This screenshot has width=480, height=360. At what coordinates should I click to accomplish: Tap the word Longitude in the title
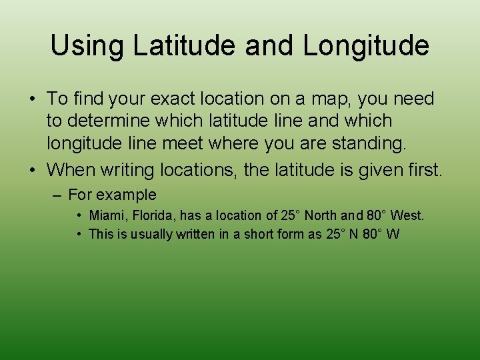tap(366, 45)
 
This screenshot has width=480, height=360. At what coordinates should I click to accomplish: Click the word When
tap(72, 169)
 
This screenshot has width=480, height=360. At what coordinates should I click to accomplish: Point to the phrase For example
tap(112, 195)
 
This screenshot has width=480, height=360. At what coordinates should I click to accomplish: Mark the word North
tap(321, 215)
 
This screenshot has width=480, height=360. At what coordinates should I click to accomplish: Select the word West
tap(407, 215)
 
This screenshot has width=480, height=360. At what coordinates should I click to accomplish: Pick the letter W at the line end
tap(393, 233)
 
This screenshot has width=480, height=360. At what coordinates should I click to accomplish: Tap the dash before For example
tap(59, 195)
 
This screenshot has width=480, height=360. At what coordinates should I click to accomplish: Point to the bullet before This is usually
tap(79, 233)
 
